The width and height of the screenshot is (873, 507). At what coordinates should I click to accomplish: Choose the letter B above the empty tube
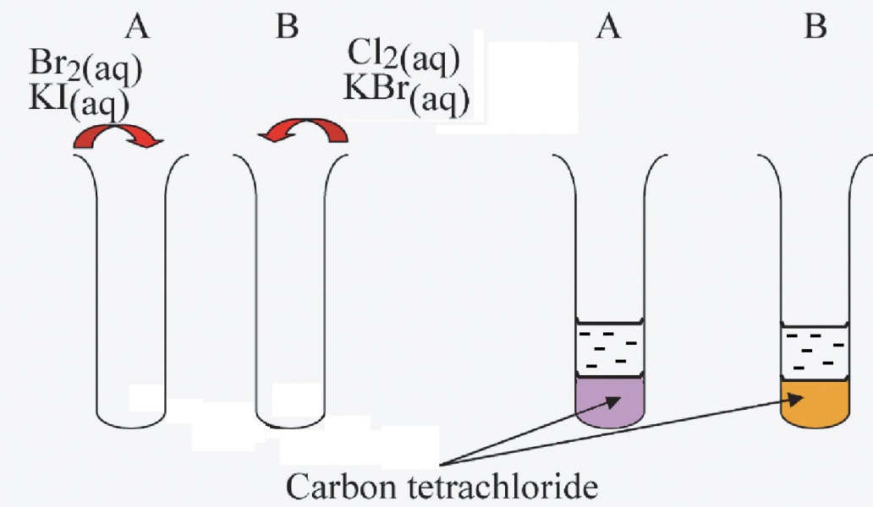click(x=288, y=27)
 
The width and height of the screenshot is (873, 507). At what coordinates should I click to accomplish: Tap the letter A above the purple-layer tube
click(x=609, y=27)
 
